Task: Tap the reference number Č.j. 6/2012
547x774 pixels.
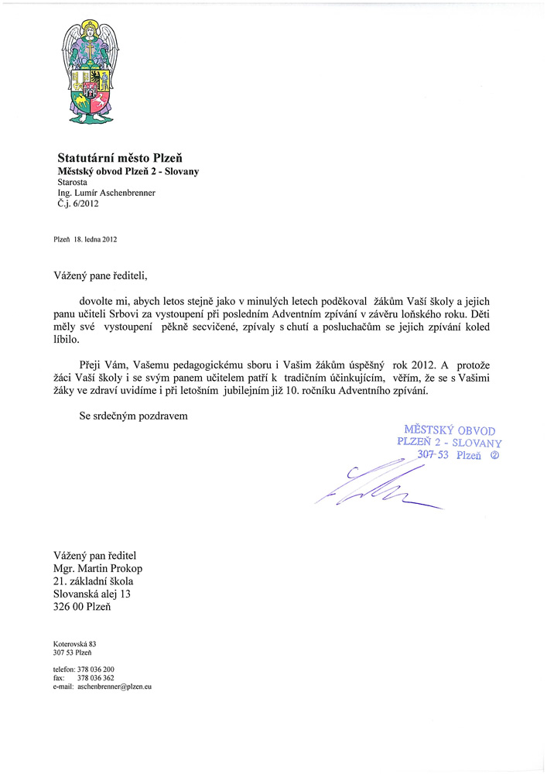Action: [x=78, y=205]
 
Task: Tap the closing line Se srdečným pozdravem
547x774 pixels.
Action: [x=134, y=416]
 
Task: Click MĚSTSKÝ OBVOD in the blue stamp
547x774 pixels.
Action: [x=450, y=430]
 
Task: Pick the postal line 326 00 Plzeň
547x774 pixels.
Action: [x=82, y=607]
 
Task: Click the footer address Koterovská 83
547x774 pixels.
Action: [x=74, y=643]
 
